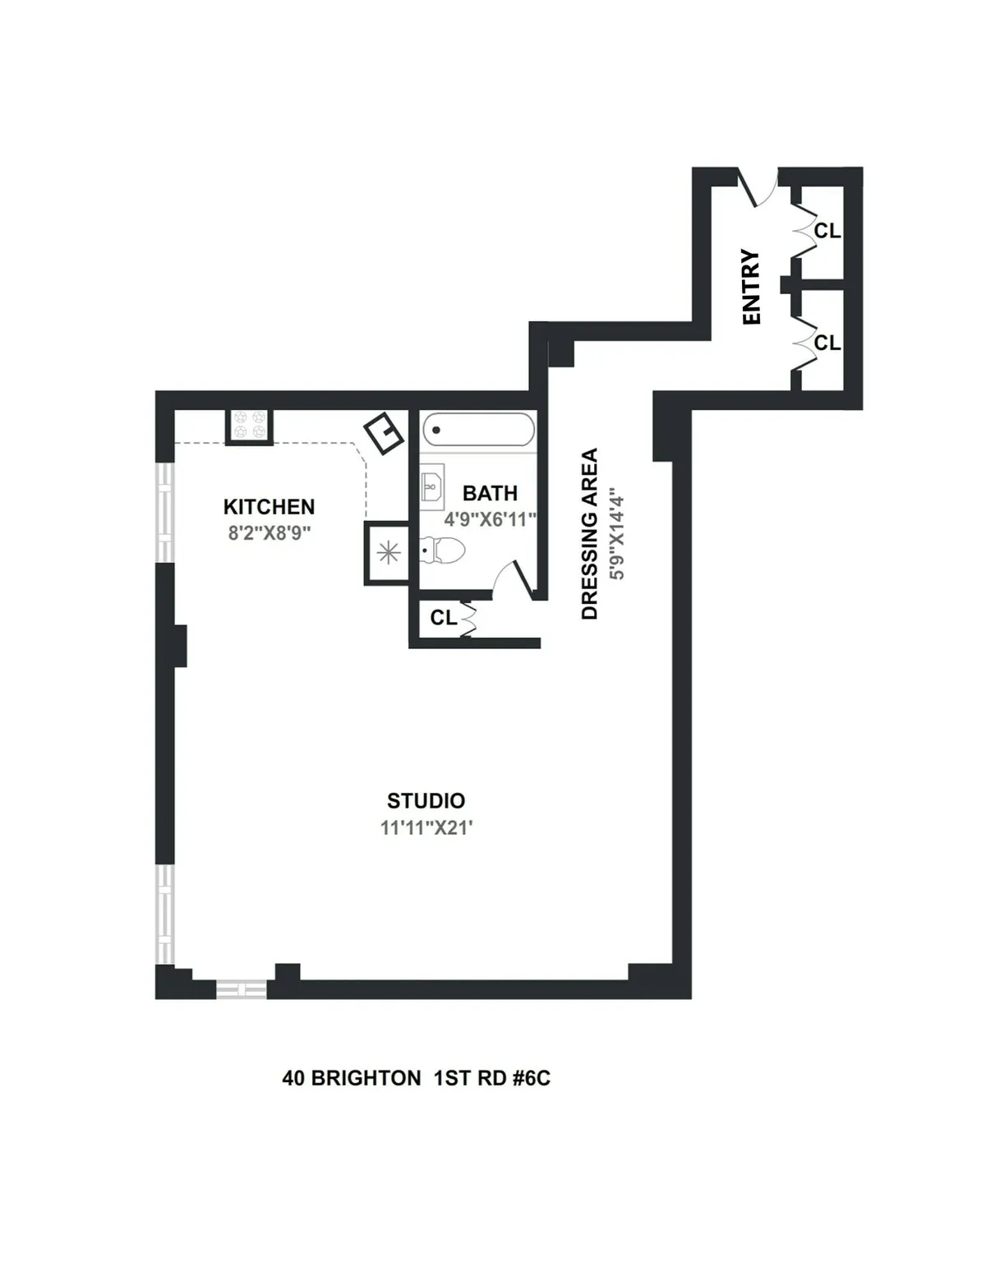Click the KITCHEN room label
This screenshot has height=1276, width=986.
[269, 507]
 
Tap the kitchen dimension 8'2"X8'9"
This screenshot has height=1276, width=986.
[269, 533]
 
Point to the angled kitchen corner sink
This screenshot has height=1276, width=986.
[384, 432]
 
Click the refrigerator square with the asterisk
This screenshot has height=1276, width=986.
[387, 553]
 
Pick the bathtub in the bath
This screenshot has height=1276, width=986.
[478, 430]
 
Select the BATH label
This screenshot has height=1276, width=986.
[490, 494]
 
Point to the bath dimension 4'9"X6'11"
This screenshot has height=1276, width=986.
[490, 520]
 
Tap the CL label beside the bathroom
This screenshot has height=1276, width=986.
[444, 618]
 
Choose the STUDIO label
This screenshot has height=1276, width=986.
[426, 801]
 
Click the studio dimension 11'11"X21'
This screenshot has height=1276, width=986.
[426, 827]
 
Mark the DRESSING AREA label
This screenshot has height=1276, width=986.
[590, 534]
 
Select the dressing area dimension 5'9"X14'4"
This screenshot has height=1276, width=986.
[617, 536]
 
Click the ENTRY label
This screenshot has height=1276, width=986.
[751, 287]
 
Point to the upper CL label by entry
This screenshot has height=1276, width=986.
[827, 232]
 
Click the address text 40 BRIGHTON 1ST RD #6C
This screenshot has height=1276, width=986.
[416, 1078]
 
